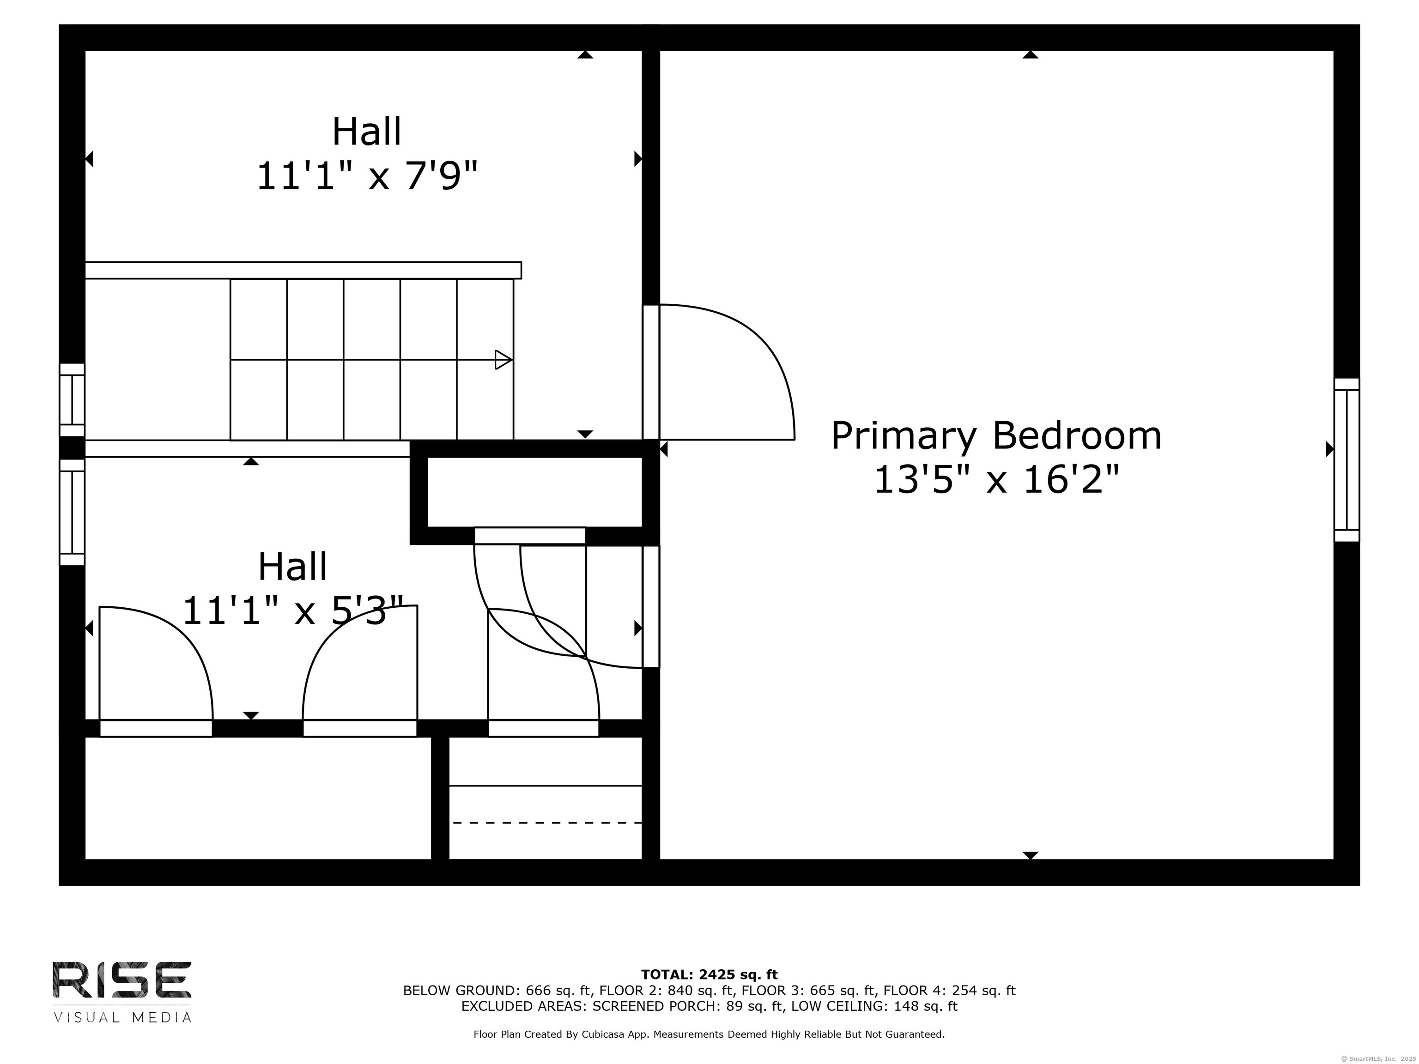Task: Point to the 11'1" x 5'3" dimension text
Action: click(293, 610)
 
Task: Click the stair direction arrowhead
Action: click(503, 360)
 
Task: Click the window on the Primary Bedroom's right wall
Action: click(1346, 460)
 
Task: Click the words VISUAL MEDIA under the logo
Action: click(122, 1018)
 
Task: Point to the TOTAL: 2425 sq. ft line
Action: click(709, 975)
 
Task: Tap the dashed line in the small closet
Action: click(547, 822)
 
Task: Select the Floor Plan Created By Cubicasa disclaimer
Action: click(709, 1034)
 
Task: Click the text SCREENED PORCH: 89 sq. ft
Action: click(688, 1006)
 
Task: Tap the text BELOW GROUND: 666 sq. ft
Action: click(497, 990)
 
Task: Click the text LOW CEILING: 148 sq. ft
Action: click(874, 1006)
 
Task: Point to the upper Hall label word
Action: click(366, 132)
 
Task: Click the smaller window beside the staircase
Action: click(73, 399)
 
